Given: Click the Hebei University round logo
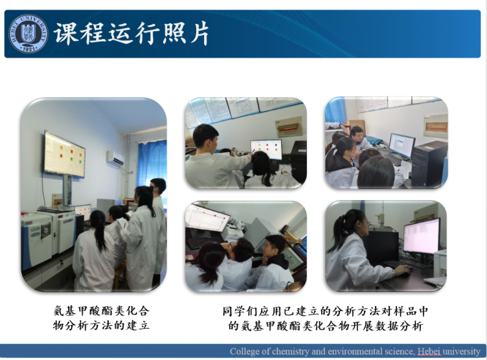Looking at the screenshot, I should tap(28, 34).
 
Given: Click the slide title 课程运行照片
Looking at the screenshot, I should tap(132, 34).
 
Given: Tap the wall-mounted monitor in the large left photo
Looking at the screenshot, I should tap(64, 154).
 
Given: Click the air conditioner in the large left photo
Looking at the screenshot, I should tap(115, 158).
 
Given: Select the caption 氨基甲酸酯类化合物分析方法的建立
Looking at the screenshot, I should tap(101, 318).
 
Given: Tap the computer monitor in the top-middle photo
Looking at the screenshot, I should tap(266, 149).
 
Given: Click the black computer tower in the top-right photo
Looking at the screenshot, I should tap(429, 162).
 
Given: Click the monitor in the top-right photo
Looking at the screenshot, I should tap(402, 145).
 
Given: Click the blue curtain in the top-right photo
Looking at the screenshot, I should tap(335, 111).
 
